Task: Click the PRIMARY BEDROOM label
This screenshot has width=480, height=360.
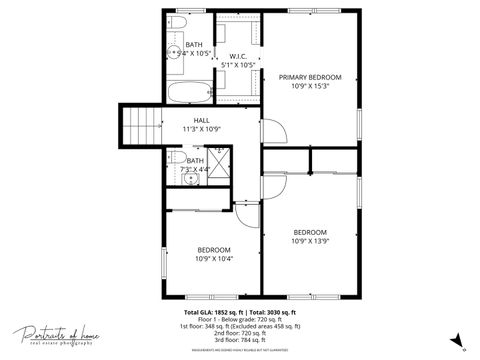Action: [310, 77]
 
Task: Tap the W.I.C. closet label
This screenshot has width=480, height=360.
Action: [238, 56]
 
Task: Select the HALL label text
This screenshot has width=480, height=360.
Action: [201, 120]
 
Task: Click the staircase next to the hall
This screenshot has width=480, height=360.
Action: [140, 126]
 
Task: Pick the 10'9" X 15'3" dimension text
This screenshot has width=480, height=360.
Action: [310, 86]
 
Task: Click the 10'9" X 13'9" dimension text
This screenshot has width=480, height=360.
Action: [310, 241]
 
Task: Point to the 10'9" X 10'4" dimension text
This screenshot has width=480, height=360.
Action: [214, 259]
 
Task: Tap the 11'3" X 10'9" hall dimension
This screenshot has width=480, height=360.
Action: [201, 129]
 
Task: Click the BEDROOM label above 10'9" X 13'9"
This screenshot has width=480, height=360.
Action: [310, 232]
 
